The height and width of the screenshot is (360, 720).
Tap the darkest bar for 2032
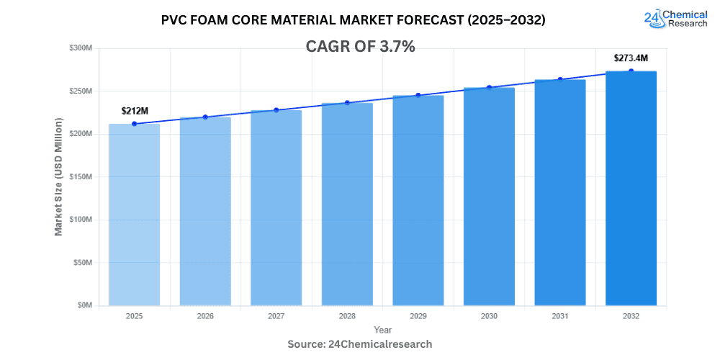tap(631, 188)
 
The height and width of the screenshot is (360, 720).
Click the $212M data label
tap(134, 111)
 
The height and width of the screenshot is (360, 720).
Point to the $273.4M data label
tap(630, 58)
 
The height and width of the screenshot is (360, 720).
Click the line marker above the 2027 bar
tap(276, 110)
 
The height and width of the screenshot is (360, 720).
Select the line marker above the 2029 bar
tap(418, 95)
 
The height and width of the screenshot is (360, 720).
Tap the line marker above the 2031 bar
tap(559, 79)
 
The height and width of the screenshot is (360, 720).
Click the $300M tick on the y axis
tap(81, 48)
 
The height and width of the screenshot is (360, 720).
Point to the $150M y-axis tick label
tap(81, 177)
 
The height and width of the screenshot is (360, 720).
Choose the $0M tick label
tap(84, 305)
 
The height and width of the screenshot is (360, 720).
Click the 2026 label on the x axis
tap(205, 316)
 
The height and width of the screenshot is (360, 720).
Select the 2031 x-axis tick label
tap(559, 316)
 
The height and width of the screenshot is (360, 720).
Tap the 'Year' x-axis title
tap(383, 329)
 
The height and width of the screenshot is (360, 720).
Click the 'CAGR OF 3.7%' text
tap(360, 47)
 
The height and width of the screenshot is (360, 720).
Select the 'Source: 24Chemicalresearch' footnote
tap(360, 344)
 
